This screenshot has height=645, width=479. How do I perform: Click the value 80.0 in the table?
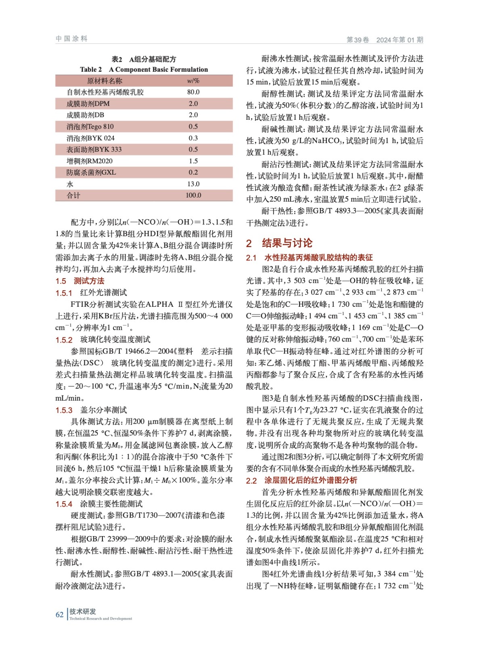pos(193,92)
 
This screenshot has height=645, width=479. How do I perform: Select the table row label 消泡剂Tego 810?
pos(90,127)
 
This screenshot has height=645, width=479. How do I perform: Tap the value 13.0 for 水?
pos(193,184)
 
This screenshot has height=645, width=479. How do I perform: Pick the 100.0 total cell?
pos(193,195)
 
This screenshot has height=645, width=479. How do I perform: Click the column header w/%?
pos(193,81)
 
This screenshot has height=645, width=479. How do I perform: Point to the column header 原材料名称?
pos(105,81)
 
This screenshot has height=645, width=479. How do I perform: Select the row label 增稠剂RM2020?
pos(90,161)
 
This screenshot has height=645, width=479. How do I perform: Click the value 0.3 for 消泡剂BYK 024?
pos(193,138)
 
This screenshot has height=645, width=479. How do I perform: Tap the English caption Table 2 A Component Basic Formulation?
pos(144,69)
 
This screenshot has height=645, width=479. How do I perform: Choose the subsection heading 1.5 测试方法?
pos(80,281)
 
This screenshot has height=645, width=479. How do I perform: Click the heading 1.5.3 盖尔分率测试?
pos(91,410)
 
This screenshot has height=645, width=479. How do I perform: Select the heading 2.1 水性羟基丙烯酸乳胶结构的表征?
pos(309,258)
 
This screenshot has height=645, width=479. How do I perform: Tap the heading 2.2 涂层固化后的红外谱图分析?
pos(301,481)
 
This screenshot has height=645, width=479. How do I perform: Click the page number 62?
pos(59,614)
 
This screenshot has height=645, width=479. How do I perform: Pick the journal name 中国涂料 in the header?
pos(71,39)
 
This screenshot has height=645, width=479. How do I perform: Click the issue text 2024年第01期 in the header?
pos(400,40)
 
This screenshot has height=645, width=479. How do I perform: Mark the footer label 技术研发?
pos(83,612)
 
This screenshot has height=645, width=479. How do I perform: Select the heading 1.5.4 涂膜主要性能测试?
pos(99,504)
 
